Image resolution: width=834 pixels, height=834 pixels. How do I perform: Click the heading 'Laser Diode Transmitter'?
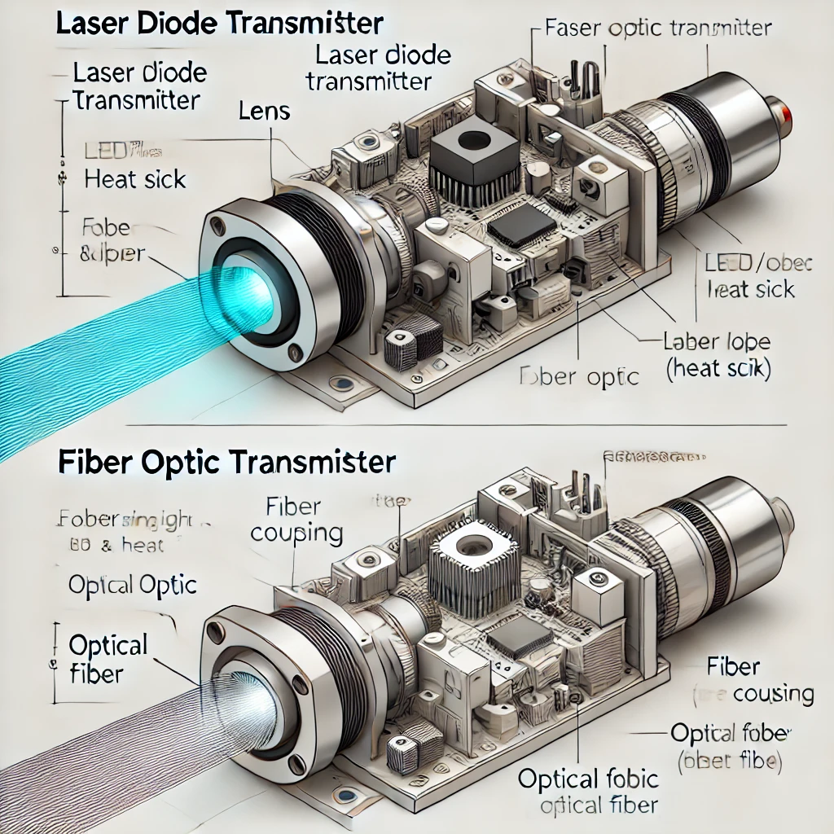click(x=219, y=22)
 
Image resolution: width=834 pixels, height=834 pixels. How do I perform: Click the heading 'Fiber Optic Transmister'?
click(x=226, y=463)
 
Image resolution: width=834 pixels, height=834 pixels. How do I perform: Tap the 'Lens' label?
click(x=265, y=111)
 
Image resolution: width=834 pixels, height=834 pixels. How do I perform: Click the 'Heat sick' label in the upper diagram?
click(x=135, y=179)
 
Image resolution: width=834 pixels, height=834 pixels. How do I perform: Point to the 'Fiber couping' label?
click(x=296, y=520)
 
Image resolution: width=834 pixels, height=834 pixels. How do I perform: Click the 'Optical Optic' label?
click(x=133, y=585)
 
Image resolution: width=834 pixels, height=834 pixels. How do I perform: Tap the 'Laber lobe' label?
click(x=717, y=341)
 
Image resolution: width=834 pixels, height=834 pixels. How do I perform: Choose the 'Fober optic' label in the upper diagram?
click(x=579, y=377)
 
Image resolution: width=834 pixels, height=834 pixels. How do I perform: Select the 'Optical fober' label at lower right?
click(x=729, y=732)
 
